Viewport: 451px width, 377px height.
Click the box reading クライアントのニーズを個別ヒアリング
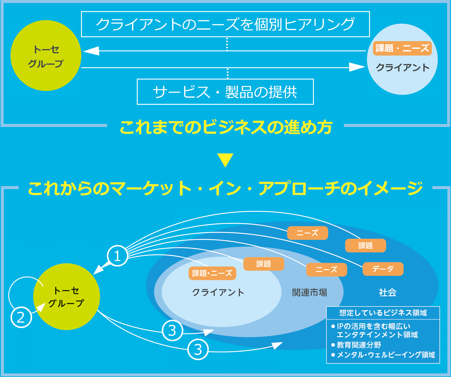[225, 24]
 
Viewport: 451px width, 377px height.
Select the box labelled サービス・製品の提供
[225, 92]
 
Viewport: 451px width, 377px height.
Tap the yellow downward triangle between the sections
[225, 160]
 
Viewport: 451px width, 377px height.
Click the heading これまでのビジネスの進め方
[226, 127]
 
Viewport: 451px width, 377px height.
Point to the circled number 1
[117, 256]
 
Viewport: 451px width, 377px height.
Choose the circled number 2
[21, 317]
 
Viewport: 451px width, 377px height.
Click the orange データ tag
[383, 269]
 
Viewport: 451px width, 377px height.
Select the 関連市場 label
[310, 292]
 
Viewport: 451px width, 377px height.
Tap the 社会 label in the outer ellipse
[387, 292]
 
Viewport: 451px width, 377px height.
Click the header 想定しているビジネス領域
[383, 313]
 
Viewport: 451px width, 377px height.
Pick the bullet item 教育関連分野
[359, 345]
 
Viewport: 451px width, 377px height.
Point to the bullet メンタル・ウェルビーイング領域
[386, 355]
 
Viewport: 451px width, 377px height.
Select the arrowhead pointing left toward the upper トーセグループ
[91, 51]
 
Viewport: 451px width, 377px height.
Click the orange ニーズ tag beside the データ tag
[326, 270]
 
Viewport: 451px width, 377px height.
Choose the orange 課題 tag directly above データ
[365, 246]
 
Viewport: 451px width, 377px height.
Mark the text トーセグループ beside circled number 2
[66, 297]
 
